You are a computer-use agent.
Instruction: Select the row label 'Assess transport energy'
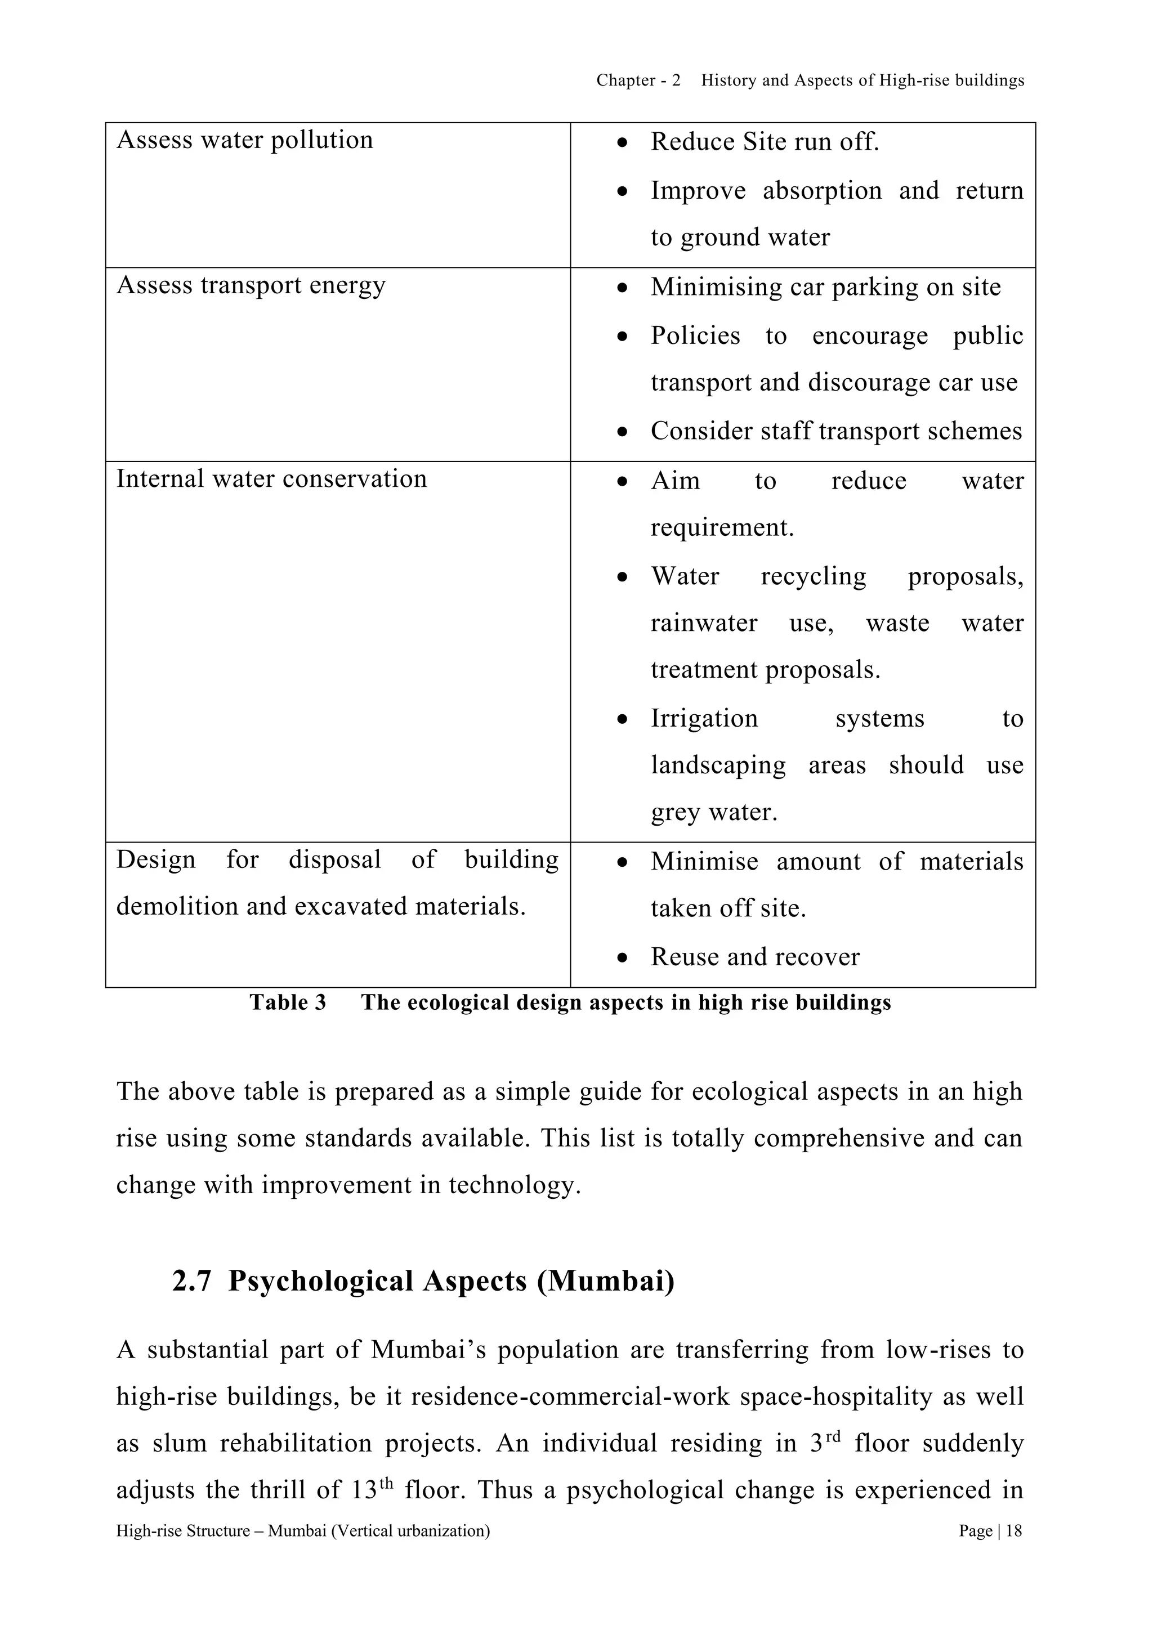[251, 285]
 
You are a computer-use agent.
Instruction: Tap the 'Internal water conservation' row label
[271, 479]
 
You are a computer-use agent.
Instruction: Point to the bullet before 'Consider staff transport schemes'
[622, 432]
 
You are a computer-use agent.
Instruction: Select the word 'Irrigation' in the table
[704, 718]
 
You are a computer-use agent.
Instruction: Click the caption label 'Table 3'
[288, 1002]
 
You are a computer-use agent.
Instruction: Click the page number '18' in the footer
[1015, 1532]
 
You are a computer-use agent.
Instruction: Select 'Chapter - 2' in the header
[637, 81]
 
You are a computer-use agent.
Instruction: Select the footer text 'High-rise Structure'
[183, 1532]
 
